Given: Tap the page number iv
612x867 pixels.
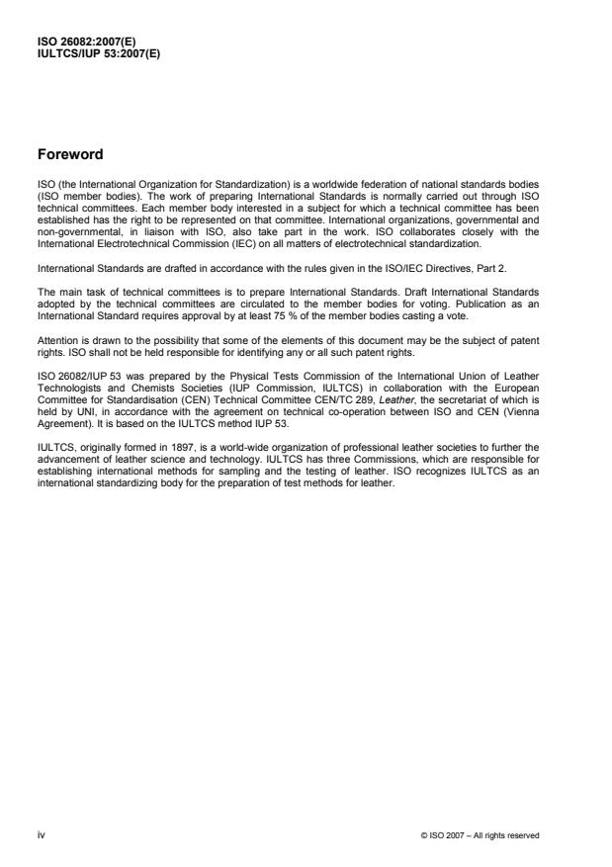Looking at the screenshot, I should (41, 835).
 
